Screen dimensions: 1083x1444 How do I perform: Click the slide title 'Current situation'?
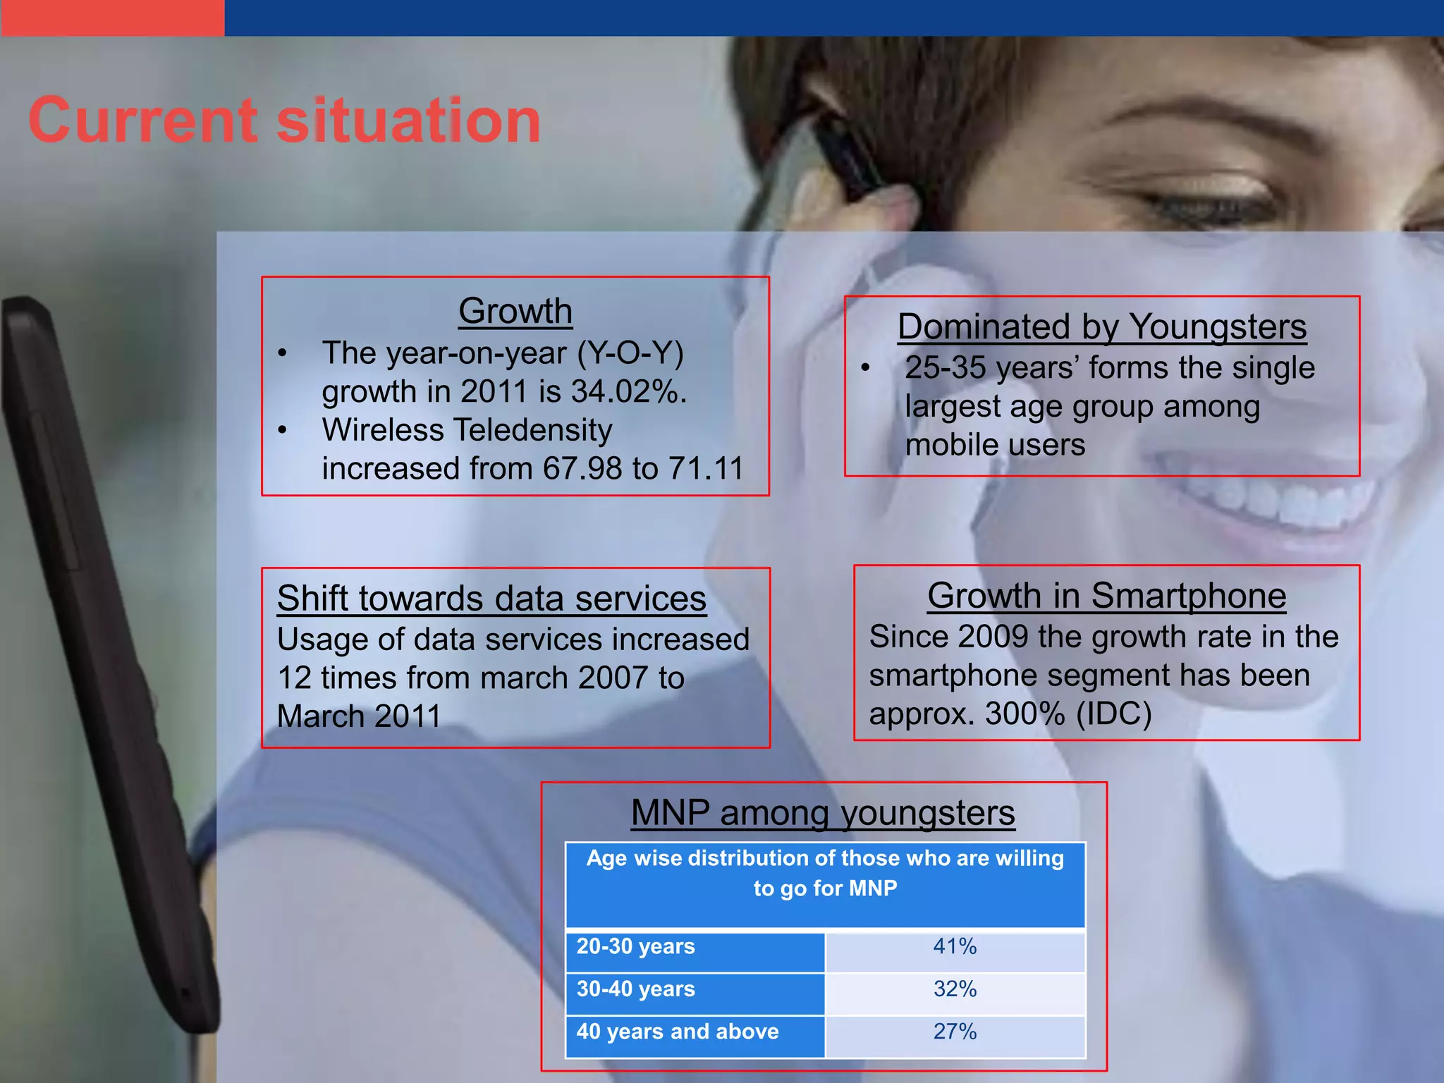(284, 121)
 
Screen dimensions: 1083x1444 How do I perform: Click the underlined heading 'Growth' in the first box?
(515, 311)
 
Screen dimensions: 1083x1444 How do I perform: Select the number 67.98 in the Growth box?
(582, 469)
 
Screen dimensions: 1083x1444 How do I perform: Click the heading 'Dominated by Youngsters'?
(1101, 327)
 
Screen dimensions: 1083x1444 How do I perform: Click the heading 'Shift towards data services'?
(491, 599)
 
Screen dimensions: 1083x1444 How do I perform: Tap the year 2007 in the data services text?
(613, 678)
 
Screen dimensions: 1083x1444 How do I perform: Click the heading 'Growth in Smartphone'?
(1106, 596)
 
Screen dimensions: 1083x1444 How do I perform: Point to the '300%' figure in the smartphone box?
(1024, 714)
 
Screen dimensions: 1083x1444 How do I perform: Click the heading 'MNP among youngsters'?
(823, 813)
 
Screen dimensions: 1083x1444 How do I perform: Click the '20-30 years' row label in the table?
(635, 946)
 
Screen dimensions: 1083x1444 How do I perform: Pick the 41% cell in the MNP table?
(955, 946)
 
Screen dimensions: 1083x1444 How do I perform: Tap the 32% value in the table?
(955, 989)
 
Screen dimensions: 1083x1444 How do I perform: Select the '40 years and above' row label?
(677, 1032)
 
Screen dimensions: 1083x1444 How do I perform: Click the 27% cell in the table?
(955, 1032)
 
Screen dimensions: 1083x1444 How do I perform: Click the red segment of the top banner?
(112, 17)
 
